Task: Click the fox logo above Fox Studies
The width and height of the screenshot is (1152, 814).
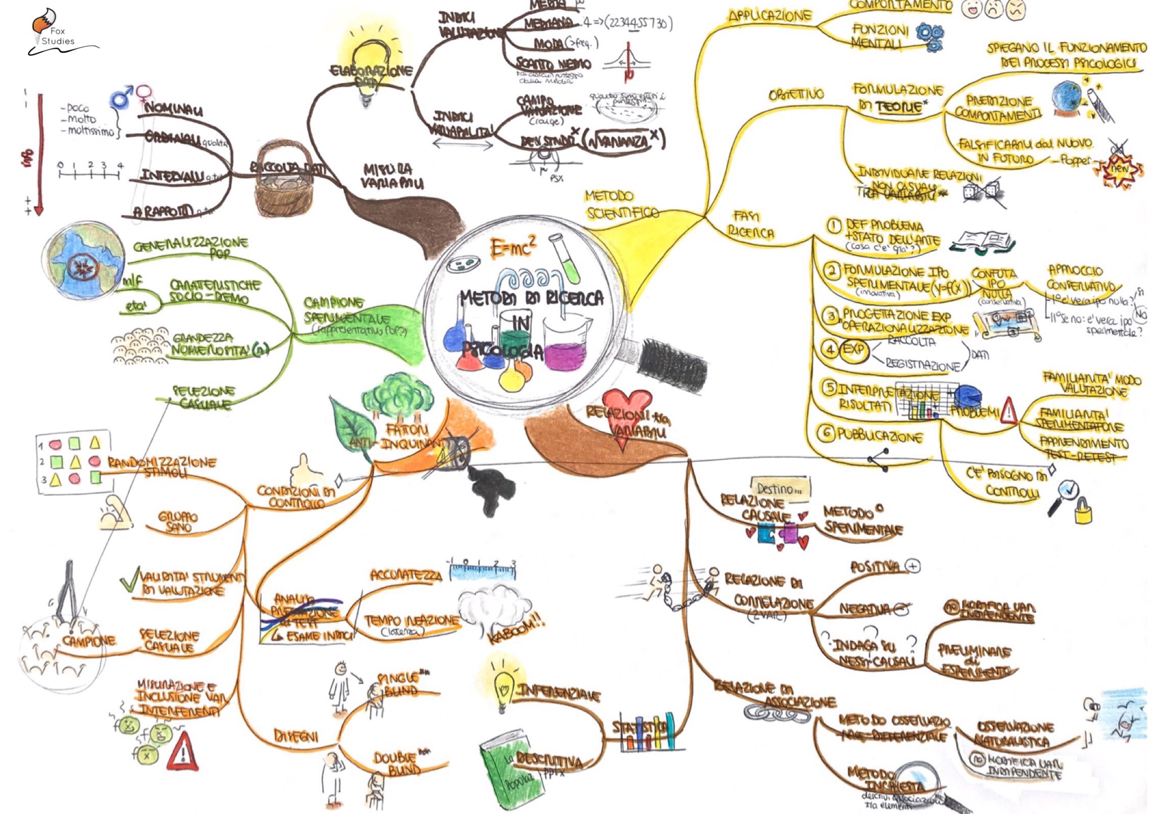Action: (40, 21)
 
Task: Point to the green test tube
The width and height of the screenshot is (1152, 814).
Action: (565, 258)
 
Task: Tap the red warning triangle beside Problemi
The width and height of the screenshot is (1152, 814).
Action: (1009, 411)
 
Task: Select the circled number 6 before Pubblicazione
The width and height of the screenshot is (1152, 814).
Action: (825, 433)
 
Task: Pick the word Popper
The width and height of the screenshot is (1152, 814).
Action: (1076, 160)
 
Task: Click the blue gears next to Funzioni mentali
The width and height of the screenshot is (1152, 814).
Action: (929, 37)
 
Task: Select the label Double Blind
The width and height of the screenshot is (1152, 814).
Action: (397, 763)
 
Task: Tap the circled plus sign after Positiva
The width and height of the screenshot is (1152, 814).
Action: (912, 566)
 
